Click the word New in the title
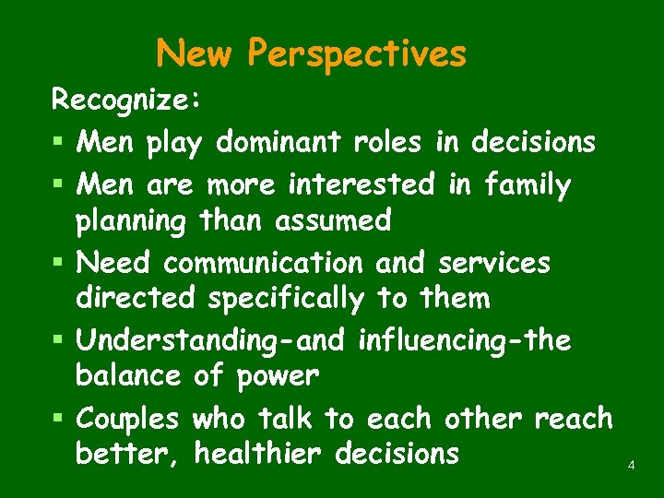195,53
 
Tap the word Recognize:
125,100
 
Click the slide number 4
631,466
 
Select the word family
526,186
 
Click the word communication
264,263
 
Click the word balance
129,376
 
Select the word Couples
128,421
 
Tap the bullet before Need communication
57,265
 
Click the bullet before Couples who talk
57,420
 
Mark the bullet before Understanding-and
57,342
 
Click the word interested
361,184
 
